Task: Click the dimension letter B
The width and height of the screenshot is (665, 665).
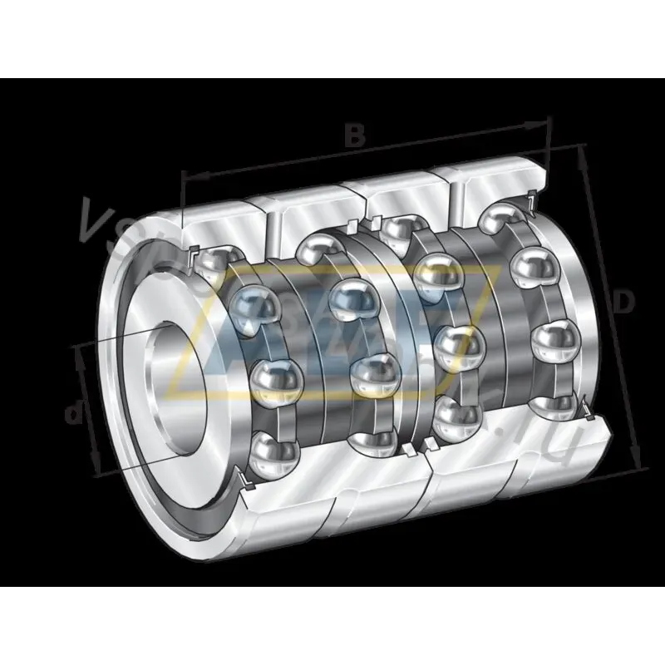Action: pos(355,135)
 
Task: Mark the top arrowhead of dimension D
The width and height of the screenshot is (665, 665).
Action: pos(583,155)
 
